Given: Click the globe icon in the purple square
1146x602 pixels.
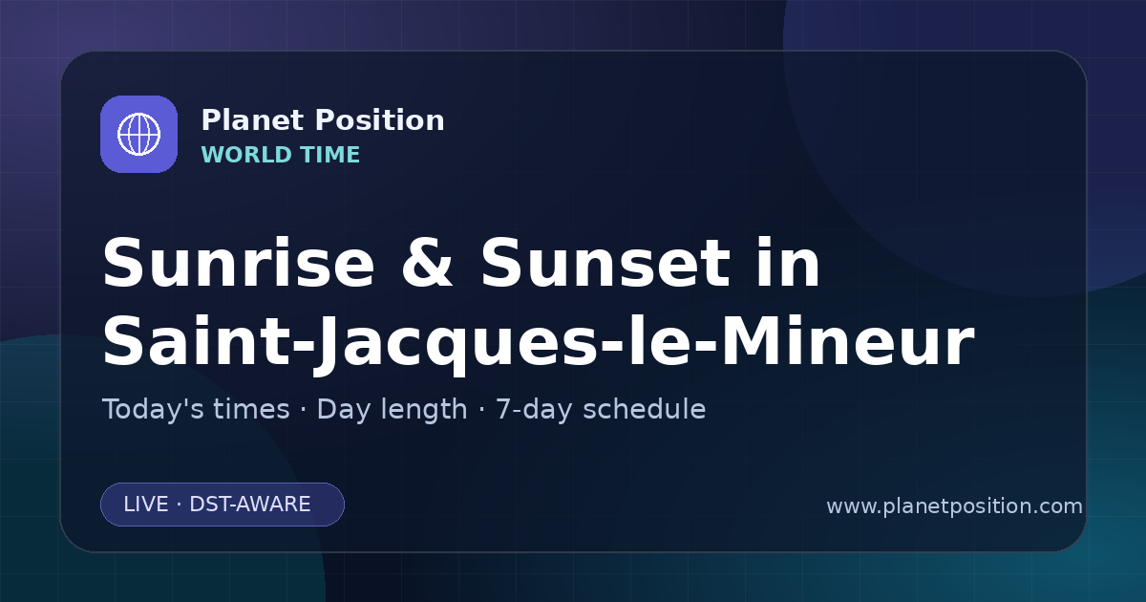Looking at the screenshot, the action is [138, 134].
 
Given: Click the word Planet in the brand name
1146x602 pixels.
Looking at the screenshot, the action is [253, 120].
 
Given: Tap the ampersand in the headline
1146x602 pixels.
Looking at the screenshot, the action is [427, 263].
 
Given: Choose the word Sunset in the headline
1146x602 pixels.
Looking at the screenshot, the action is [605, 263].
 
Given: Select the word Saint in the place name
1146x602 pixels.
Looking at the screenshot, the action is [197, 341].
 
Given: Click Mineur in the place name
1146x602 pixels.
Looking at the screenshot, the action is [848, 341].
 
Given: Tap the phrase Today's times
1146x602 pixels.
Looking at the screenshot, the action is [196, 409].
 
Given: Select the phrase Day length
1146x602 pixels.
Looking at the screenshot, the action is [392, 410].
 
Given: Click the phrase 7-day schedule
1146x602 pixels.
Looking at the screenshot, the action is [601, 410].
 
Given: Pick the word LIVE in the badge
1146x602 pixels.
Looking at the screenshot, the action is [146, 505].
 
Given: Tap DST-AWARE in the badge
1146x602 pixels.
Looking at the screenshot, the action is [249, 505].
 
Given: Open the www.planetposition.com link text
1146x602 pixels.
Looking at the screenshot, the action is [954, 506].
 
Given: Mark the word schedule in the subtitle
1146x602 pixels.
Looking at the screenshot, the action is [645, 409].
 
